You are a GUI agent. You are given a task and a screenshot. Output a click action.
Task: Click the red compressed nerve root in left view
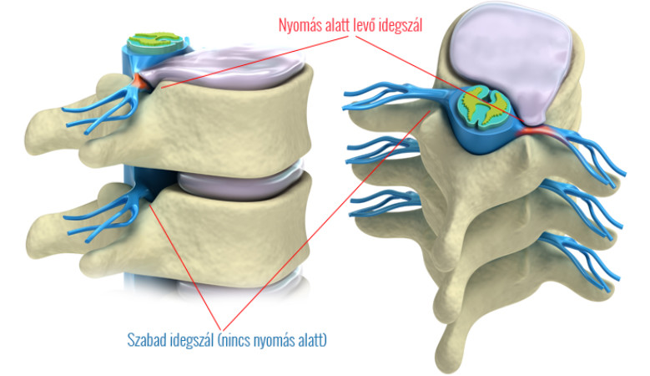[139, 83]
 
